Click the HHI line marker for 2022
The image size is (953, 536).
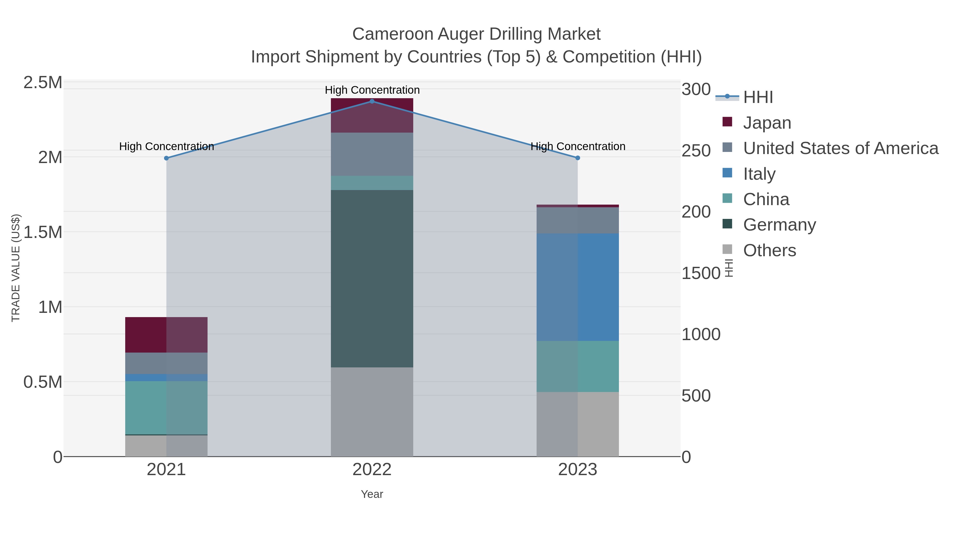372,101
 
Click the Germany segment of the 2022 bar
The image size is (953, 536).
372,278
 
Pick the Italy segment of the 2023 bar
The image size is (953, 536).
578,287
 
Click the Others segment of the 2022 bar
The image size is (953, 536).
372,412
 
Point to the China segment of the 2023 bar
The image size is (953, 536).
578,366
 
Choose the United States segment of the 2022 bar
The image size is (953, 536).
372,154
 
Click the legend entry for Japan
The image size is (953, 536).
767,123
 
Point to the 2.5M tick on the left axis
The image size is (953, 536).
43,83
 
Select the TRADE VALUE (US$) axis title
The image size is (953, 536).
16,268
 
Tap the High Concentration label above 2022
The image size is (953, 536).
372,90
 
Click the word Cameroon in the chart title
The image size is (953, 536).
393,34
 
